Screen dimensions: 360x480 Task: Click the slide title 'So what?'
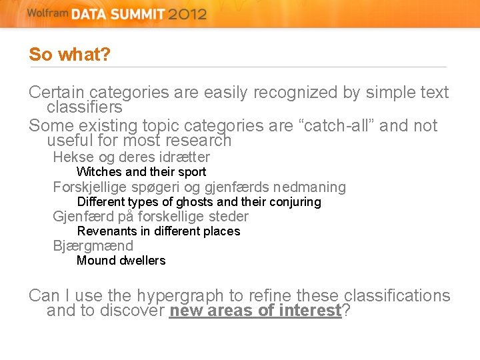pos(69,55)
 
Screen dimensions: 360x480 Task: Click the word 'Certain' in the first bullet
pos(57,93)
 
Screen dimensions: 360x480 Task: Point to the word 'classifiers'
pos(85,107)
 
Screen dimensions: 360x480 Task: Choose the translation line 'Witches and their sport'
pos(141,172)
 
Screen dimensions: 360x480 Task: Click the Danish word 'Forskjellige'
pos(94,187)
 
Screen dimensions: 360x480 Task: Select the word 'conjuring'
pos(294,201)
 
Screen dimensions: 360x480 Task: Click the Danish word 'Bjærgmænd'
pos(93,246)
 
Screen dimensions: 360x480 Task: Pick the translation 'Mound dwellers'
pos(121,261)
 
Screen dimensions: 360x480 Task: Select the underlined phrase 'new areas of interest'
pos(255,311)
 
